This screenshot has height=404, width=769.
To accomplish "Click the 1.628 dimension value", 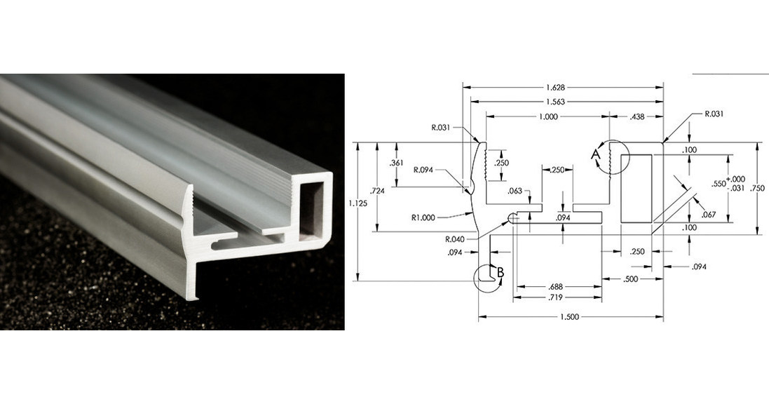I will tap(555, 88).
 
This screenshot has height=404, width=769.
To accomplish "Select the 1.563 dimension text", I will tap(555, 102).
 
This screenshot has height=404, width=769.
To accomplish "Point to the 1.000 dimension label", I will tap(549, 116).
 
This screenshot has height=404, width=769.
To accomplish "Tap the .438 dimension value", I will tap(637, 116).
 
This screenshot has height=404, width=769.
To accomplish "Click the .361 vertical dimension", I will tap(395, 163).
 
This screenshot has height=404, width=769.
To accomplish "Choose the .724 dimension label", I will tap(376, 190).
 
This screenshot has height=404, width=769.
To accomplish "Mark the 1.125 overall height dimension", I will tap(356, 203).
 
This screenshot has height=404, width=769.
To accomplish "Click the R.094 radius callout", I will tap(426, 170).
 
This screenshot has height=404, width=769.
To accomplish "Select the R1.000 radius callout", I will tap(425, 217).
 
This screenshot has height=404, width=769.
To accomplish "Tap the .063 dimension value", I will tap(515, 190).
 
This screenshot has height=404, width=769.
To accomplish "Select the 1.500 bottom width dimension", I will tap(569, 317).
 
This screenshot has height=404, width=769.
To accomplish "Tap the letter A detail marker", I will tap(596, 152).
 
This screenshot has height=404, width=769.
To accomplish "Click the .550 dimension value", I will tap(718, 184).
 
